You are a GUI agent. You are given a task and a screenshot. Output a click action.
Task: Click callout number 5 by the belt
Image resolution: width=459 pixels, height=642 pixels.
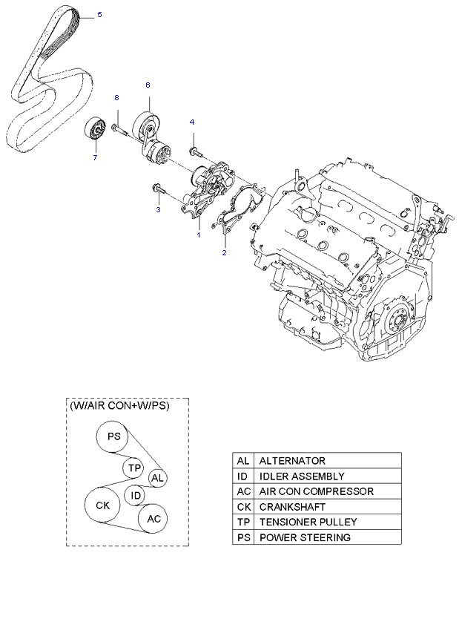click(x=100, y=15)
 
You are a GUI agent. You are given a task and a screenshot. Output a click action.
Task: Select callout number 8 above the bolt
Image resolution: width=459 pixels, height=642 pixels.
click(x=116, y=98)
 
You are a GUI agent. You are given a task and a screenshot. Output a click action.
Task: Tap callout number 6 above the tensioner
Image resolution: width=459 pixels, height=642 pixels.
click(x=148, y=85)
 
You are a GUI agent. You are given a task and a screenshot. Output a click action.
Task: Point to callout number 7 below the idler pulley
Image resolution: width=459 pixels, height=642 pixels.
click(x=95, y=157)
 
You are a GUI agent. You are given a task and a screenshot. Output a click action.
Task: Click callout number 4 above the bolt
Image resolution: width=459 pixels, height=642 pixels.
click(x=191, y=122)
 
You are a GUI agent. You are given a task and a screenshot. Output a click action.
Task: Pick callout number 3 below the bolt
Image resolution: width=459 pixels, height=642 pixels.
click(x=157, y=210)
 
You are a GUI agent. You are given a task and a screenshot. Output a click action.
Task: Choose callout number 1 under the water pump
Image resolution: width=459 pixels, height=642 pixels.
click(x=198, y=235)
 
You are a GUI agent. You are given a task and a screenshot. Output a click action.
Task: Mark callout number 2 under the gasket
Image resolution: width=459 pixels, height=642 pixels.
click(x=224, y=252)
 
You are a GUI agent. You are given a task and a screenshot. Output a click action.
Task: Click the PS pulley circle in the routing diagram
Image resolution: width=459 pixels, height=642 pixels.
click(x=113, y=436)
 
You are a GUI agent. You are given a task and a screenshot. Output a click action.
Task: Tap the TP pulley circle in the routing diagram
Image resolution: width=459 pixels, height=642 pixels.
click(x=133, y=468)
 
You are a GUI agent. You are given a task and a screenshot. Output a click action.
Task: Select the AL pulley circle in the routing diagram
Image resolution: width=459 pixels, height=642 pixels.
click(x=156, y=479)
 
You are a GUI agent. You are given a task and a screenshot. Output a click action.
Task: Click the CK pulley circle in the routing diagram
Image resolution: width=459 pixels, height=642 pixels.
click(x=102, y=505)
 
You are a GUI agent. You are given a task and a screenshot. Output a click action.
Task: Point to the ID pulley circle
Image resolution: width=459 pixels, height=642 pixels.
click(x=135, y=495)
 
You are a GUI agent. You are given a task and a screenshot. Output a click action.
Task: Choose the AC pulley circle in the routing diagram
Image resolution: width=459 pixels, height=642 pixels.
click(x=153, y=518)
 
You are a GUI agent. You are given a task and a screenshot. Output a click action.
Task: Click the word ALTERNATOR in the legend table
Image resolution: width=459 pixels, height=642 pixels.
click(x=292, y=461)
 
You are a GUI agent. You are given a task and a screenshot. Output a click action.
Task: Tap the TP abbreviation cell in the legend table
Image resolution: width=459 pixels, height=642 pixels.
click(x=243, y=523)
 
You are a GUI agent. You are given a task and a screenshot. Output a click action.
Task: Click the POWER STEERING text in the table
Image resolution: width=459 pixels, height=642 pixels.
click(x=305, y=537)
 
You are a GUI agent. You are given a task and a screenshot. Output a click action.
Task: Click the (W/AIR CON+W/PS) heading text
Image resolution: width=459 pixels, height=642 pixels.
click(x=119, y=407)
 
